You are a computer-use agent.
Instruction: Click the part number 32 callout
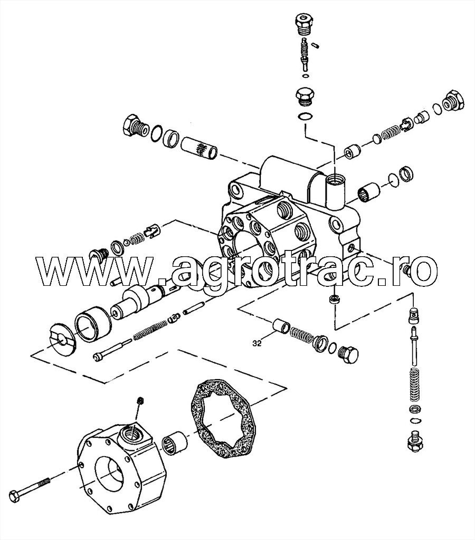click(x=257, y=343)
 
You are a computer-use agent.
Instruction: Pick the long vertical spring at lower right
click(x=414, y=385)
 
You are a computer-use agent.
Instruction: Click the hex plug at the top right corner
click(x=454, y=101)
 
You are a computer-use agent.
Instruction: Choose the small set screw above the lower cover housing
click(x=140, y=401)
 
